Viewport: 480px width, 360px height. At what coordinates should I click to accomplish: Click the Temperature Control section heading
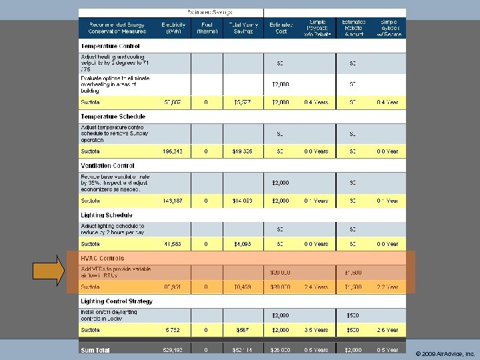110,46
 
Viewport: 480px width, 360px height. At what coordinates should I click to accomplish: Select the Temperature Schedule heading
113,117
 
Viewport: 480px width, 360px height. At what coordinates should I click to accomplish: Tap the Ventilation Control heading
107,166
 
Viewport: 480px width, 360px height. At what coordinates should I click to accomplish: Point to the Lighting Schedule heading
107,215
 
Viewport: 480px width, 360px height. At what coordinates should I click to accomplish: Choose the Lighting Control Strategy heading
117,301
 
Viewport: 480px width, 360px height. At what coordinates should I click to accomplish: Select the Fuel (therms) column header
206,27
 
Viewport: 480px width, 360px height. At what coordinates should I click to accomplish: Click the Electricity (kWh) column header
173,27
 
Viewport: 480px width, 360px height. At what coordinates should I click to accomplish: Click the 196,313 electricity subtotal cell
173,151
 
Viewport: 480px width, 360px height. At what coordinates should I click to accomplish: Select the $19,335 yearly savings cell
242,151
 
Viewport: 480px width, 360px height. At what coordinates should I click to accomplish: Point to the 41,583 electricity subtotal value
175,244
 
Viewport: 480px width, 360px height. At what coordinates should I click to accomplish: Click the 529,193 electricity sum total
173,349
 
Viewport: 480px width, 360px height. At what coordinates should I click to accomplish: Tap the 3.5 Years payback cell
316,330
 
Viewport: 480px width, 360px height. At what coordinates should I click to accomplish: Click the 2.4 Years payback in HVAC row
316,287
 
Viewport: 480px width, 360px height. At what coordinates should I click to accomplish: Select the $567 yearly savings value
242,330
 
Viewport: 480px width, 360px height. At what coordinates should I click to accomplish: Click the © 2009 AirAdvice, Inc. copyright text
443,353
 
